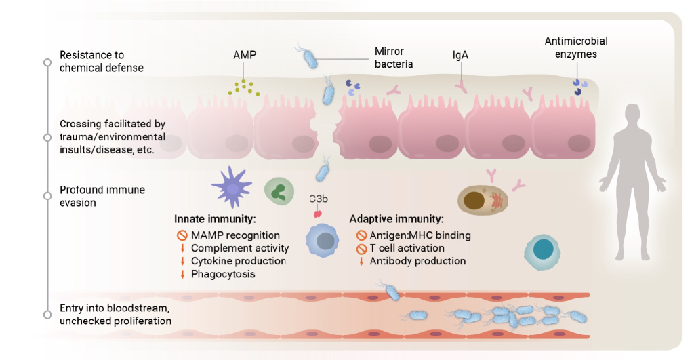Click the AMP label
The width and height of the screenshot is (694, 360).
245,55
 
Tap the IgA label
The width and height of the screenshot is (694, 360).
460,55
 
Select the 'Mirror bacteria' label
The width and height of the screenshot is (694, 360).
394,58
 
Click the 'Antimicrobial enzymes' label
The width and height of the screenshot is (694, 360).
576,47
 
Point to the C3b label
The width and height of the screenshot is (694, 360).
319,199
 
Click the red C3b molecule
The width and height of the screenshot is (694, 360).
317,214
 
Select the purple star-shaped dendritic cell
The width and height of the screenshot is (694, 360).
232,188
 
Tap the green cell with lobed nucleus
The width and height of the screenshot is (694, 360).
279,191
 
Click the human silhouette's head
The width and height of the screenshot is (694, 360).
632,117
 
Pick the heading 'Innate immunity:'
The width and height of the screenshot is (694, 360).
215,219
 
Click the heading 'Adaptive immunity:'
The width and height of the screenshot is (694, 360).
396,219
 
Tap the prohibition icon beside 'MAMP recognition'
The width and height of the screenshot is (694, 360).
182,235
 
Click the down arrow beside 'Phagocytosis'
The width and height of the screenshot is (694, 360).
182,274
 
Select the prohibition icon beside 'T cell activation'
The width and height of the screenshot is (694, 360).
361,248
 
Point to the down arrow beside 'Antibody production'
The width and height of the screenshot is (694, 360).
361,261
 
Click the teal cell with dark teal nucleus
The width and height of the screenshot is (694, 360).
542,252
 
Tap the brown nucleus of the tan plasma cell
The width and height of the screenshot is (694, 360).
474,201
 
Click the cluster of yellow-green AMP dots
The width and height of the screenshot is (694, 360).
244,87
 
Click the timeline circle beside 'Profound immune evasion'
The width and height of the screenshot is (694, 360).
47,196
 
